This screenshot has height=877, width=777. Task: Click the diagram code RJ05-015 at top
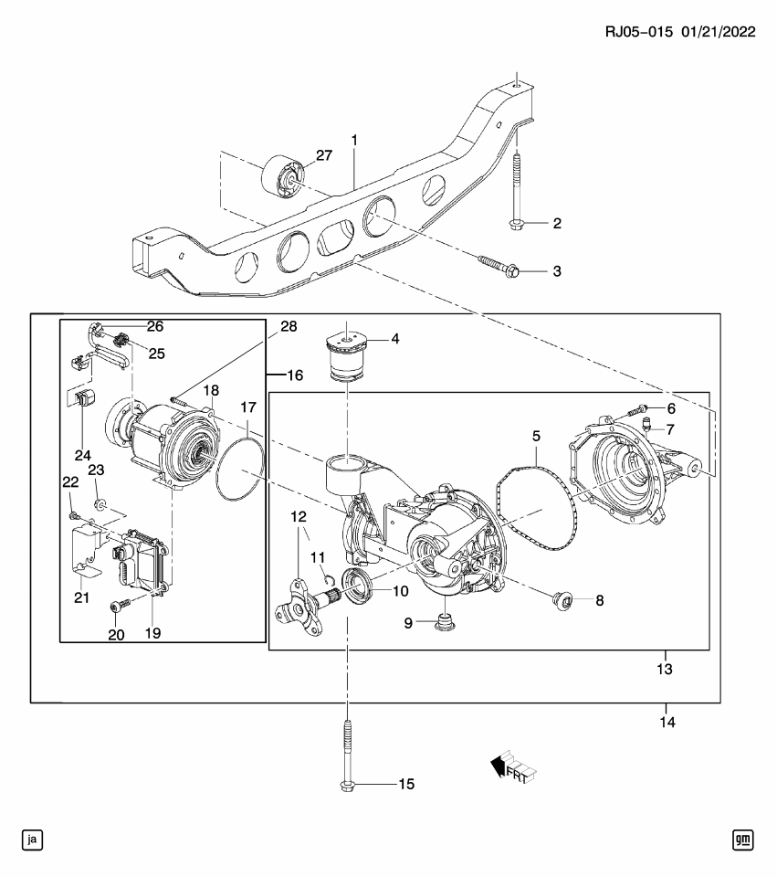click(x=639, y=31)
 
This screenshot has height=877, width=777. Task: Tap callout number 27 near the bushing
click(x=325, y=156)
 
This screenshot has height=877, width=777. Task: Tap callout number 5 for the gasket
click(x=537, y=437)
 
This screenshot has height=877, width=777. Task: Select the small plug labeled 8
click(x=562, y=600)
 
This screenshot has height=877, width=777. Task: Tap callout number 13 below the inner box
click(x=665, y=669)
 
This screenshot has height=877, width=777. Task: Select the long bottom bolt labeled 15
click(x=348, y=754)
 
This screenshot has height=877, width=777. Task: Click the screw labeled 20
click(x=116, y=607)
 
